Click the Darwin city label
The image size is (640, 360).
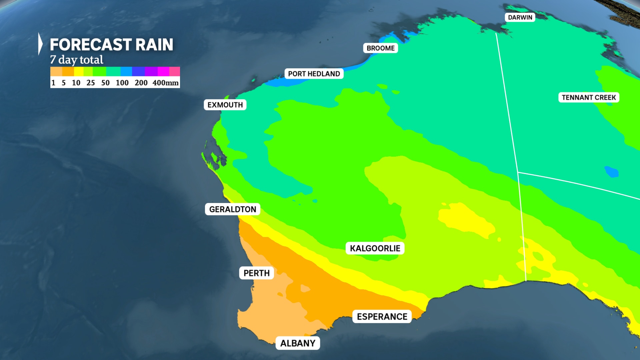click(x=520, y=17)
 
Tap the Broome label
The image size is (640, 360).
click(x=380, y=48)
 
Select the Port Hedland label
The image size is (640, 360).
click(x=314, y=74)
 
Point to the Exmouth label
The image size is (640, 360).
click(x=225, y=105)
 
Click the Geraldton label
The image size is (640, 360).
click(x=232, y=209)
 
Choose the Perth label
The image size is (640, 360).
click(x=256, y=273)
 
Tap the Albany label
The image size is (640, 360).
click(x=298, y=343)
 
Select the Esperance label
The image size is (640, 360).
click(x=382, y=316)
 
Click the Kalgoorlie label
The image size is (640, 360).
click(x=375, y=248)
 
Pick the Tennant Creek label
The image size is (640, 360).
click(x=589, y=97)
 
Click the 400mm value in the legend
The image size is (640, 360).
click(x=165, y=83)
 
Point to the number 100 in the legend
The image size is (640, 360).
click(x=122, y=83)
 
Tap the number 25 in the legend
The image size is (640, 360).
click(x=91, y=83)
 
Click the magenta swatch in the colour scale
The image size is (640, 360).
click(x=163, y=71)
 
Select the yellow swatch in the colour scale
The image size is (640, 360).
click(x=79, y=71)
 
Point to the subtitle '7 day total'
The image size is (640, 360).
click(x=77, y=60)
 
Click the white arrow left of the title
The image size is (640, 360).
click(x=40, y=44)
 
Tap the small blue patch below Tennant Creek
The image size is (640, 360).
click(x=611, y=172)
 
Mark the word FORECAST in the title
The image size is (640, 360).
click(x=90, y=45)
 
